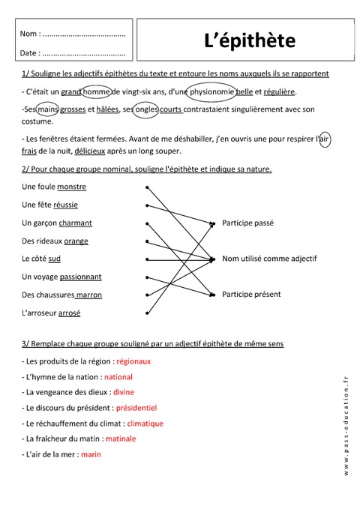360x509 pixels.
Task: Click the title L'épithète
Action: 249,40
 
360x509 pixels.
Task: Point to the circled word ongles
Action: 145,109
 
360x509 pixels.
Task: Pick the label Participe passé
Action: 247,223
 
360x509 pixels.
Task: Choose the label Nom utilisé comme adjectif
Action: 269,259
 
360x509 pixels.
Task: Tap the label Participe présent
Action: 250,294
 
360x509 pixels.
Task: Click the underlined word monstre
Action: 72,187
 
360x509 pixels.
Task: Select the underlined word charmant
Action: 76,223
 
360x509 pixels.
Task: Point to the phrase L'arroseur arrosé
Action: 52,313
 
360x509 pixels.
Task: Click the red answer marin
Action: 91,454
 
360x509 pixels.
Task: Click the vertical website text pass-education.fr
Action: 346,424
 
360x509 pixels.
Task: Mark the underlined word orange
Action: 76,241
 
